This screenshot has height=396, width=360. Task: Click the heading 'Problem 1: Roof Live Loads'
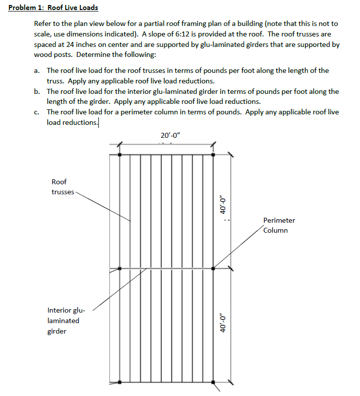tap(53, 7)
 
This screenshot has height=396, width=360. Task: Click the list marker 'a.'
tap(37, 71)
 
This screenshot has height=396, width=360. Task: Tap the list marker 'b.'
tap(37, 92)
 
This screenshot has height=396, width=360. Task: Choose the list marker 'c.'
tap(37, 112)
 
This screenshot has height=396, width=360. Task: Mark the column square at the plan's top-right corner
tap(213, 155)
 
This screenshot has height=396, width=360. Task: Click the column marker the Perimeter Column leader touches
tap(213, 269)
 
